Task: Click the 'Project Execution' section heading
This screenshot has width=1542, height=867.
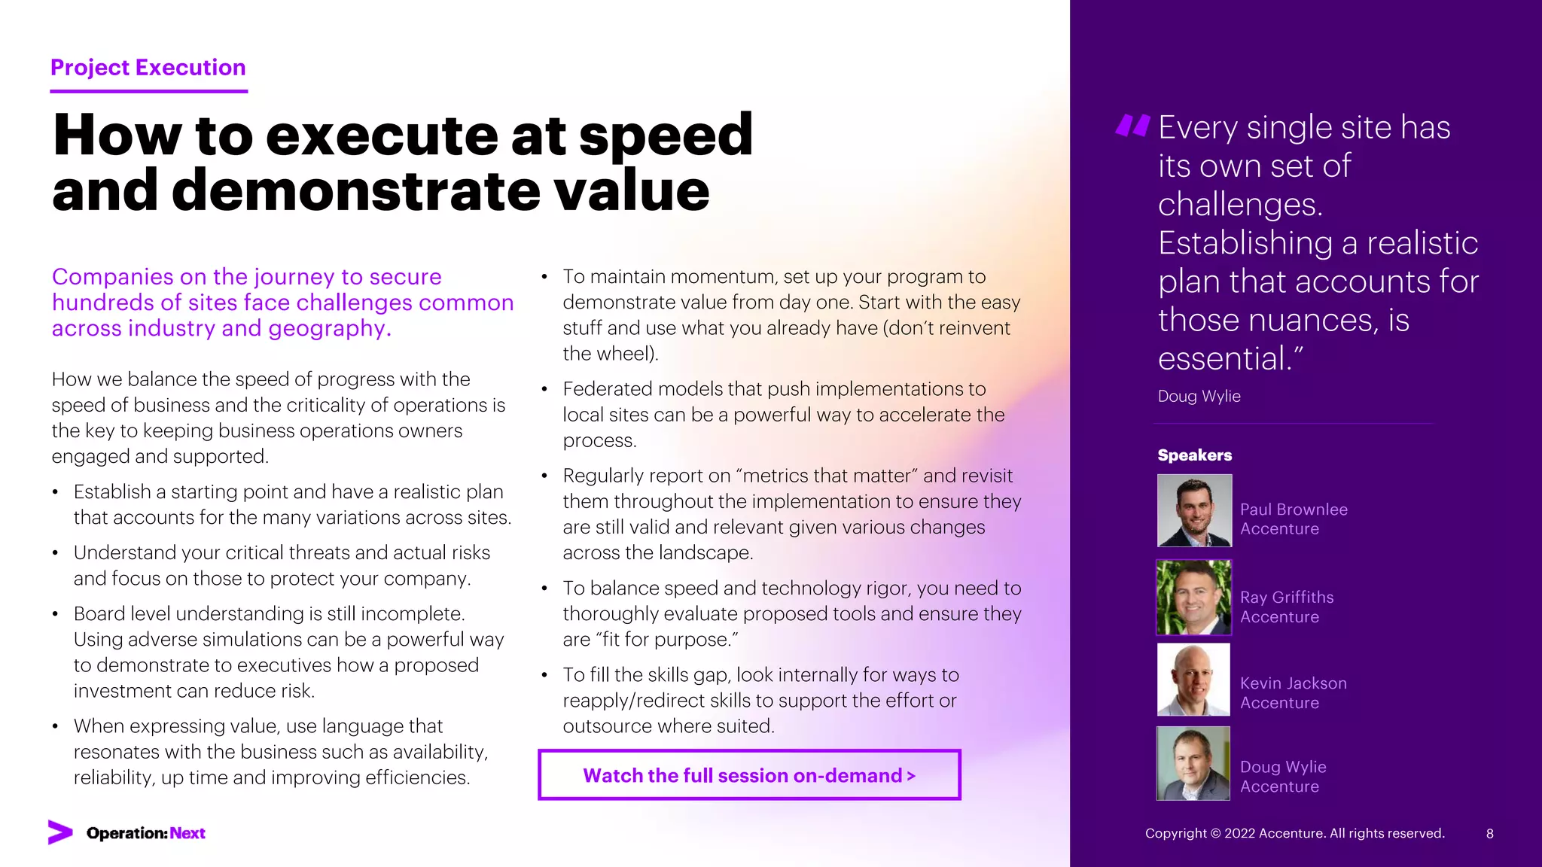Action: tap(148, 68)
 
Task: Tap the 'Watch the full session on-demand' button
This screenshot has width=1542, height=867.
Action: tap(749, 775)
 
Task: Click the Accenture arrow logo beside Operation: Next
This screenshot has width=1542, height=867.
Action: tap(60, 832)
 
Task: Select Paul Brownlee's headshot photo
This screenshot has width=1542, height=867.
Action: tap(1194, 510)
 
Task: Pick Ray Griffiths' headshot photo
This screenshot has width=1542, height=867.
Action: tap(1194, 598)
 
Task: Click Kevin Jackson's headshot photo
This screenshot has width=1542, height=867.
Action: tap(1194, 680)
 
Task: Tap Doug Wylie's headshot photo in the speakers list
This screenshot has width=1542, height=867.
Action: tap(1194, 763)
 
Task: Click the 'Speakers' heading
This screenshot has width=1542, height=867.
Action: tap(1194, 455)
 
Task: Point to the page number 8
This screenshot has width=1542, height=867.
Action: tap(1489, 833)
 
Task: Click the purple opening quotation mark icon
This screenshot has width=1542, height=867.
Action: tap(1132, 126)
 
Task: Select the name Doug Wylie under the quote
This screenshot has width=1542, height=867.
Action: tap(1199, 396)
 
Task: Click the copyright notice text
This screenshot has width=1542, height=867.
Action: tap(1294, 833)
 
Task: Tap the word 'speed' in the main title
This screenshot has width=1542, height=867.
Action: tap(666, 135)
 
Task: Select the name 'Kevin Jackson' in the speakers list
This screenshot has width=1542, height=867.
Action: tap(1293, 683)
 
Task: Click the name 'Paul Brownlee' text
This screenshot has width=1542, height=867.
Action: tap(1294, 510)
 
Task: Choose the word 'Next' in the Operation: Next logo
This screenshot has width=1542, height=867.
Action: tap(187, 833)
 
